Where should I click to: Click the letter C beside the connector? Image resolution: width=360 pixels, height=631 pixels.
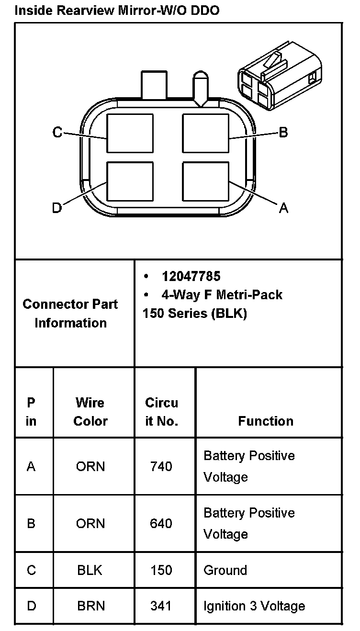[57, 132]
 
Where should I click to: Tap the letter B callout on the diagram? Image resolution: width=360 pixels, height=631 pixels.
[283, 132]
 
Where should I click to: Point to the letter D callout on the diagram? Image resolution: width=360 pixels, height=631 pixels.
[57, 208]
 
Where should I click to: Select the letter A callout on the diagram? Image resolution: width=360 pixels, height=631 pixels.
[283, 208]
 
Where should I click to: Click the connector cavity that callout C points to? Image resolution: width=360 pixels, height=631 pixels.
[130, 133]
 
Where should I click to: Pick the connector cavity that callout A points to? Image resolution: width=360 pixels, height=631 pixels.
[206, 181]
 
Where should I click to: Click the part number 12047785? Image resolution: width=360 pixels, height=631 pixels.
[191, 276]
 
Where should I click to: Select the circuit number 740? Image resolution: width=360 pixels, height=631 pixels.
[161, 466]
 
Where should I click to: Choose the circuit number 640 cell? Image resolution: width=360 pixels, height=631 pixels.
[161, 523]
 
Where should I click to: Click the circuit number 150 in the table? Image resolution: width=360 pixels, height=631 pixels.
[161, 570]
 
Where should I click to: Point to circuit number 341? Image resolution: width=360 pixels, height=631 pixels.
[161, 606]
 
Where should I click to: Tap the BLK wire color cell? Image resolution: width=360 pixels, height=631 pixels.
[90, 570]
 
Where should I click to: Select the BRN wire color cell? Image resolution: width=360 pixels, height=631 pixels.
[90, 606]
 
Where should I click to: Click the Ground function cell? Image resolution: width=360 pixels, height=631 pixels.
[225, 570]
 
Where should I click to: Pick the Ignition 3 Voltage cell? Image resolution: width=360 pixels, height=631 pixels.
[254, 606]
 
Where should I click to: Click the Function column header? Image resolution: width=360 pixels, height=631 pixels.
[266, 421]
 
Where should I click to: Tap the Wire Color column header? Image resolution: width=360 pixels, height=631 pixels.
[90, 412]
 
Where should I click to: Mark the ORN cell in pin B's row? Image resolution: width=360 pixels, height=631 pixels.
[90, 523]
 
